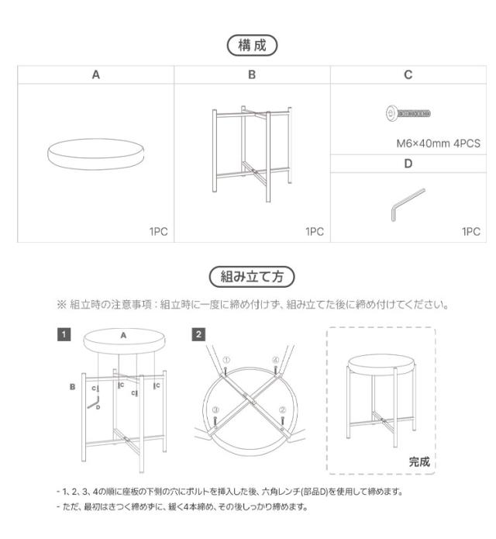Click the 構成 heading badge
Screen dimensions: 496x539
coord(252,45)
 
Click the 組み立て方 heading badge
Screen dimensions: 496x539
coord(252,276)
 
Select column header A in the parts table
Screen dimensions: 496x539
coord(96,74)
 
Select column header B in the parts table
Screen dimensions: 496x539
coord(252,74)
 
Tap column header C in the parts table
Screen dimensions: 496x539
coord(408,74)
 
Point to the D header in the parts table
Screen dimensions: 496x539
coord(408,164)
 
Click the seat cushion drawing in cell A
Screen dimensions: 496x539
coord(96,154)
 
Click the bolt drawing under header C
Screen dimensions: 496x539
coord(408,113)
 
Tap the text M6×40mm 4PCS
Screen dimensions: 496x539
coord(439,143)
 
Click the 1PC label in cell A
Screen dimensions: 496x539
coord(158,231)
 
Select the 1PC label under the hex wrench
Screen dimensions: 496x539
coord(471,231)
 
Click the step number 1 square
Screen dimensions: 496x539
coord(64,334)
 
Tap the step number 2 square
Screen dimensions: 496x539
coord(198,334)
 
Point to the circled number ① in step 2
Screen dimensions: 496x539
coord(226,361)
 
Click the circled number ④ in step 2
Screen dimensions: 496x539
coord(275,361)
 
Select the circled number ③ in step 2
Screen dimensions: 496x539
coord(215,409)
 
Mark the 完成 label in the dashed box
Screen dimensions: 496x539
coord(419,461)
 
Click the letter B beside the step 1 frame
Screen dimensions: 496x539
coord(73,387)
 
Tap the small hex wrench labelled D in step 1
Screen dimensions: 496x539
coord(94,403)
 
